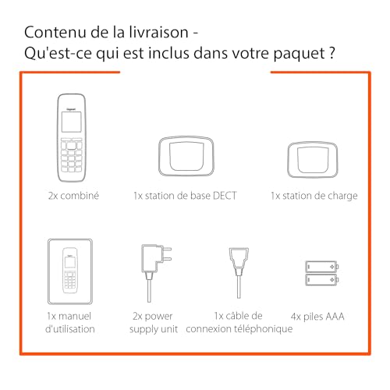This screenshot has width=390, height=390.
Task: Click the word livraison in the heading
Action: click(158, 32)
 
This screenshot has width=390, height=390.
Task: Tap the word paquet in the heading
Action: click(298, 54)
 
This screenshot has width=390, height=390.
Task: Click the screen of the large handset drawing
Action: click(71, 122)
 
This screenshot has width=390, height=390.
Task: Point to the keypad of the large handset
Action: click(71, 155)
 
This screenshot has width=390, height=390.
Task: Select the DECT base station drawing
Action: click(186, 156)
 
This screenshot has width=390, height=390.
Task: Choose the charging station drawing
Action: click(313, 160)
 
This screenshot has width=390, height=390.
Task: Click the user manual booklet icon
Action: click(70, 271)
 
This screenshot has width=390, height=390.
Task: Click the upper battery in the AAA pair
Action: click(322, 267)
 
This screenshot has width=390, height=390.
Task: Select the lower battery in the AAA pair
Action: click(322, 280)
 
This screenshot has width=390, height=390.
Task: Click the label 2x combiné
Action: click(73, 196)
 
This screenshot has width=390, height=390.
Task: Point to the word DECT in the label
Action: click(225, 196)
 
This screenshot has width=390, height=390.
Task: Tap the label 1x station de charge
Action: click(314, 196)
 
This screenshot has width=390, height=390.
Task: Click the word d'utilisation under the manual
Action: click(70, 329)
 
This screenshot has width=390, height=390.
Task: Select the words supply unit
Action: click(154, 329)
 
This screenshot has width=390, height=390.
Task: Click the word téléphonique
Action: click(263, 329)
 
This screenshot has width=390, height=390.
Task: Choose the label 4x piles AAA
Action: click(317, 317)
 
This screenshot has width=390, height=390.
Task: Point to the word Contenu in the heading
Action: click(55, 32)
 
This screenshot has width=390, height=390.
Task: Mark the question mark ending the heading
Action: click(331, 53)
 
